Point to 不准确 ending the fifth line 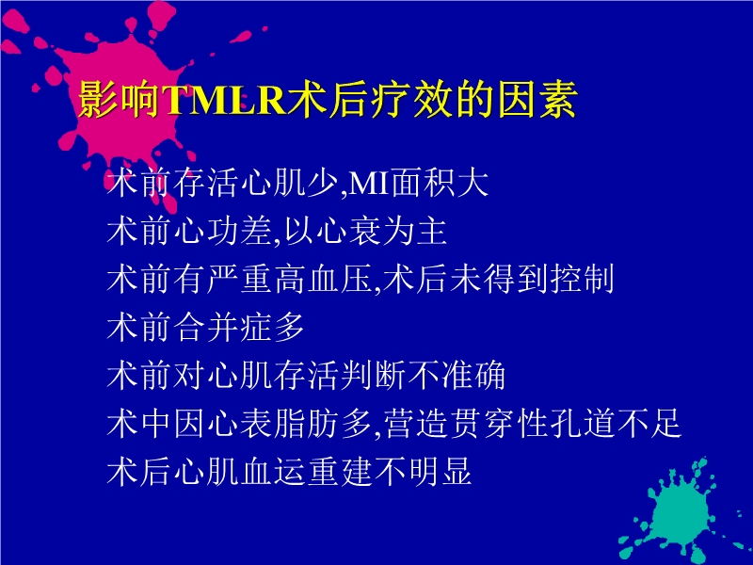(460, 376)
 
